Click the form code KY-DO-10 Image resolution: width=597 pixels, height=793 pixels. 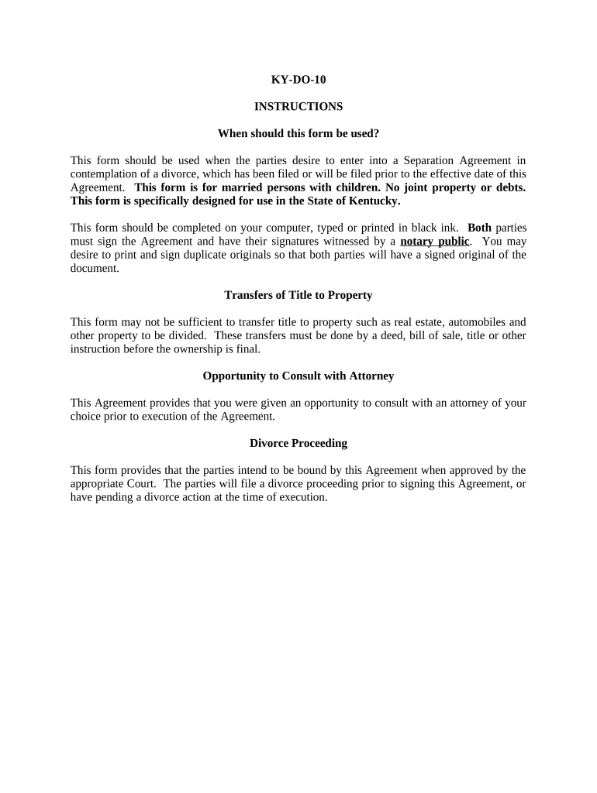coord(298,79)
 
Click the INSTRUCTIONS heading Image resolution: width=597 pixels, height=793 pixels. coord(298,106)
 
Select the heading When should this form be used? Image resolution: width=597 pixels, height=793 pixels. coord(298,133)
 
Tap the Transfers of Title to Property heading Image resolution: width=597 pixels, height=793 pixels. coord(298,295)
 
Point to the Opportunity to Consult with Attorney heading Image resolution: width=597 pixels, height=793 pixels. coord(298,376)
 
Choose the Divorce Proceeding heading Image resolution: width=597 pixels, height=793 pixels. coord(298,443)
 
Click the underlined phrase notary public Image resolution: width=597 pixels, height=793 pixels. coord(435,241)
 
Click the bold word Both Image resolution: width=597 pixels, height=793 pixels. coord(479,228)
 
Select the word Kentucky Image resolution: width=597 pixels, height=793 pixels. coord(368,201)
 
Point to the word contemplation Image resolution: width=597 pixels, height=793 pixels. coord(104,174)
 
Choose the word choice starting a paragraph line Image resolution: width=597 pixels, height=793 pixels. coord(85,416)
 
